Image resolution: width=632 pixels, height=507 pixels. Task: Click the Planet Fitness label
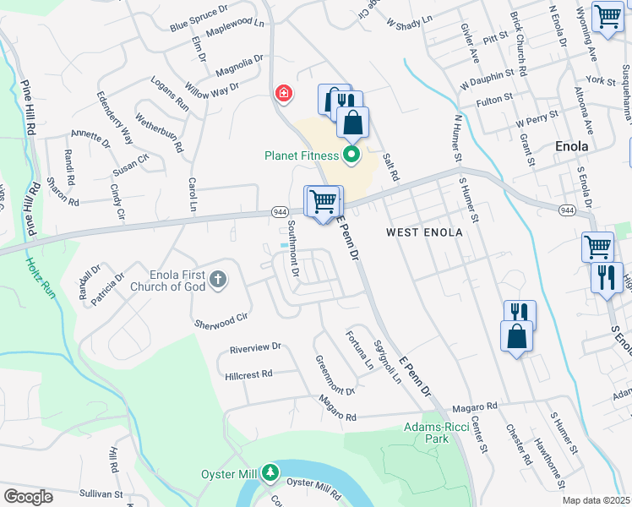(x=302, y=155)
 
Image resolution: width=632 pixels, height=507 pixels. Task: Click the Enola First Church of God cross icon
(x=219, y=279)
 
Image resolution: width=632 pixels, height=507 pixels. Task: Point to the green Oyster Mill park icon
(x=270, y=472)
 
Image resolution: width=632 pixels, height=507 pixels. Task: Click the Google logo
(x=28, y=496)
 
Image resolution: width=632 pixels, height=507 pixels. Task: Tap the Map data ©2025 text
(x=597, y=500)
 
